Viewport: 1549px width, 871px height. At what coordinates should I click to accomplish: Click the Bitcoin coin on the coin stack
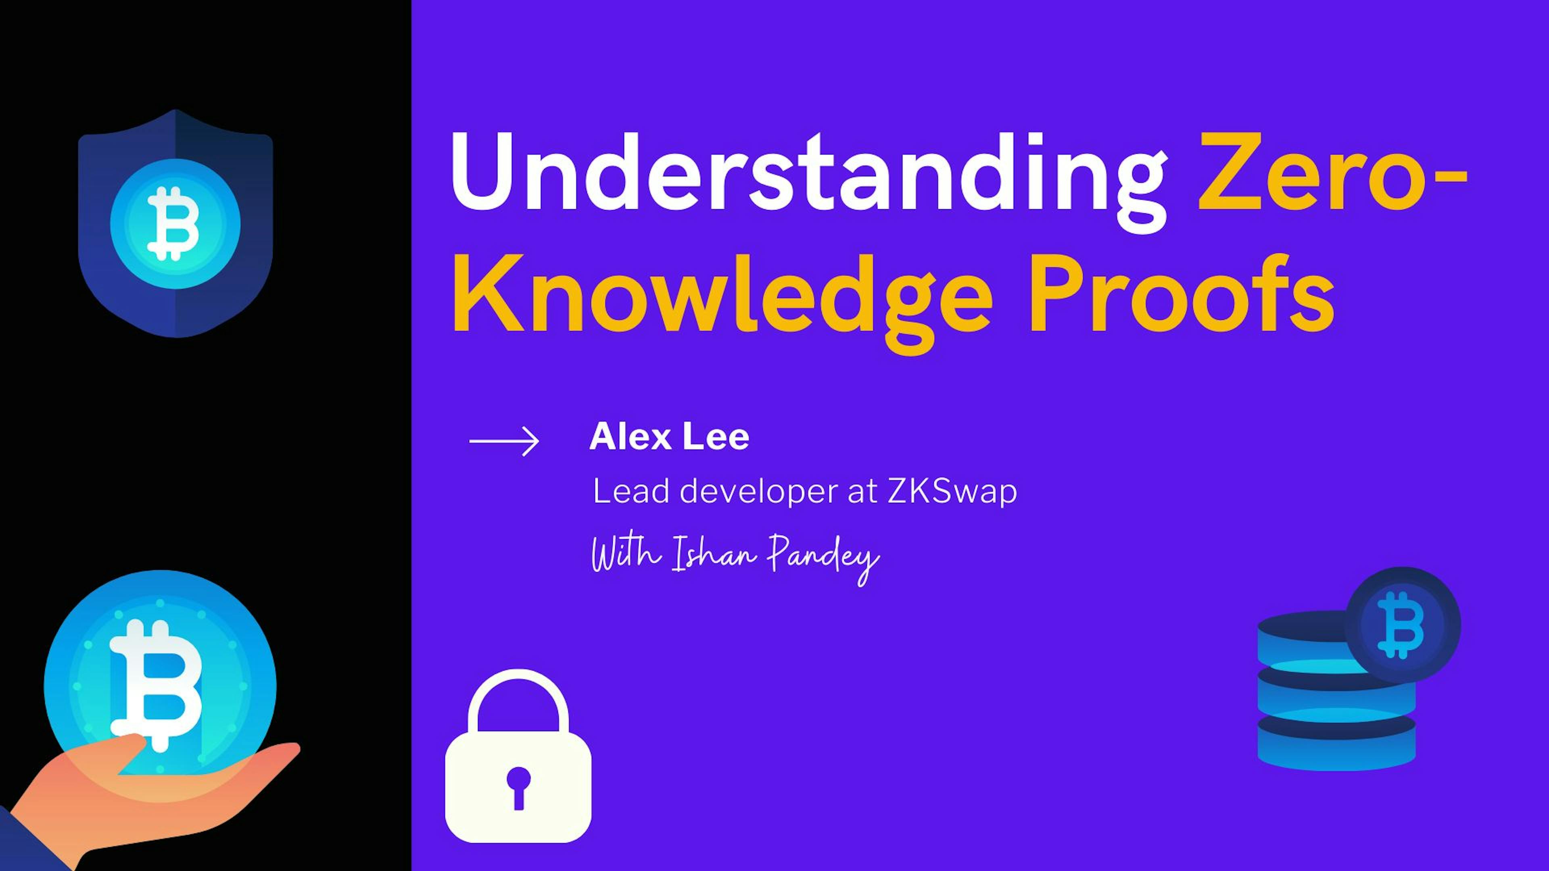coord(1402,625)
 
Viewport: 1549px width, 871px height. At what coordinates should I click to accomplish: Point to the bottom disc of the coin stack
coord(1336,751)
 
